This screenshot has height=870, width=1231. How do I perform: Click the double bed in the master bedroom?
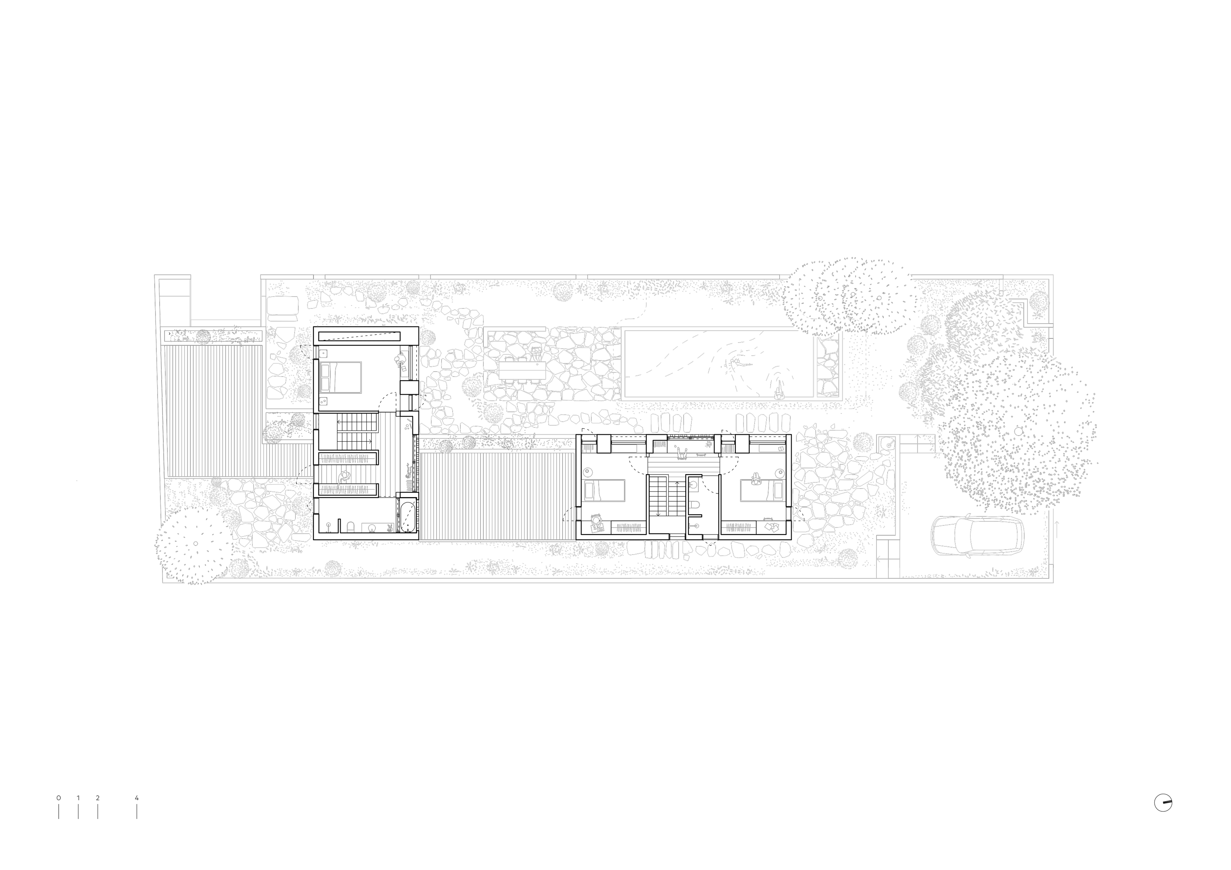[x=341, y=377]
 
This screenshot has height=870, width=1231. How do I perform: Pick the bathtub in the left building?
[x=407, y=516]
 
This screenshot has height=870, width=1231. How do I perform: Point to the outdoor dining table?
[x=522, y=370]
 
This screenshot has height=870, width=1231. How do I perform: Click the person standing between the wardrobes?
[x=345, y=475]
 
